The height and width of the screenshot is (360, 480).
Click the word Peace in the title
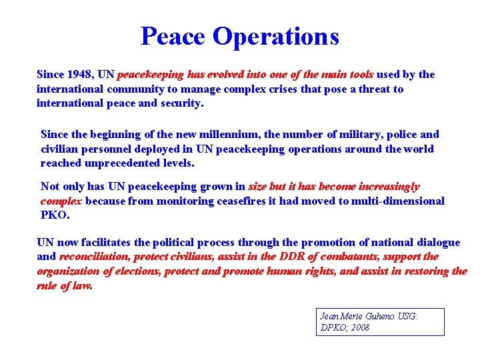(173, 36)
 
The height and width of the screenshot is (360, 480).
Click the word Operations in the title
(276, 36)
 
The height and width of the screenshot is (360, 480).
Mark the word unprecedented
(123, 163)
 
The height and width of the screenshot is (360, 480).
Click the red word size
(257, 187)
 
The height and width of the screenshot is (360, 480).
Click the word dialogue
(437, 243)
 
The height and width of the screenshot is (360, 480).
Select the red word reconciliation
(93, 257)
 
